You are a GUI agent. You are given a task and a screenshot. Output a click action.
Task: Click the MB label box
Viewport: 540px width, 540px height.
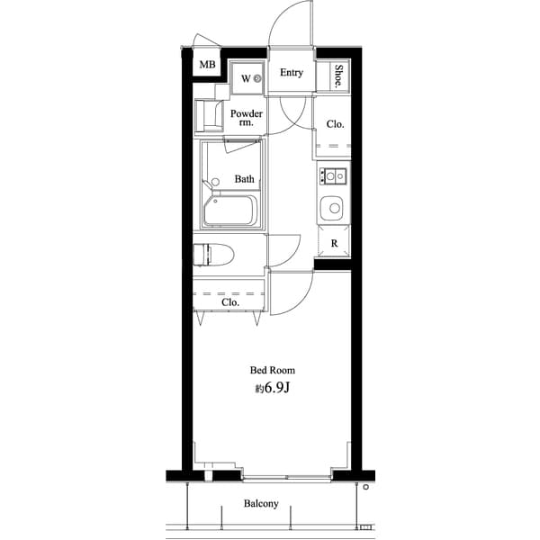pyautogui.click(x=207, y=66)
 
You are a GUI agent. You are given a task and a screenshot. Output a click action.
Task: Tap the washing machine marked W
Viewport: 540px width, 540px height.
pyautogui.click(x=246, y=77)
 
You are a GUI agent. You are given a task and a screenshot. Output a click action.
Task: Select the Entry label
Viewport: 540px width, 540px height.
pyautogui.click(x=291, y=73)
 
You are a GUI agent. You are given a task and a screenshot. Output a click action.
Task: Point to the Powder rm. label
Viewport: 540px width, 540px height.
pyautogui.click(x=246, y=118)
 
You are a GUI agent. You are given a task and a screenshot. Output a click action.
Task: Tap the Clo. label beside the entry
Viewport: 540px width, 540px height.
pyautogui.click(x=335, y=124)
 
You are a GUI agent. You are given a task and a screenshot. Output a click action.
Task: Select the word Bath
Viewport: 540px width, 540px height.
pyautogui.click(x=244, y=179)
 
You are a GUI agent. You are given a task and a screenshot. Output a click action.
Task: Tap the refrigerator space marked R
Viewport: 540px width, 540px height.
pyautogui.click(x=334, y=244)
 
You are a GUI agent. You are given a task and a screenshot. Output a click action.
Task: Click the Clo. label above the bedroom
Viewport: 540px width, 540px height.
pyautogui.click(x=230, y=302)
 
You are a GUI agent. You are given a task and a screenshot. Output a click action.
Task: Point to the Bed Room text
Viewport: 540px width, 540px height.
pyautogui.click(x=272, y=370)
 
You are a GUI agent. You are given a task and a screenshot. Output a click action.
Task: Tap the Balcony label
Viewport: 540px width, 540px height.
pyautogui.click(x=261, y=504)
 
